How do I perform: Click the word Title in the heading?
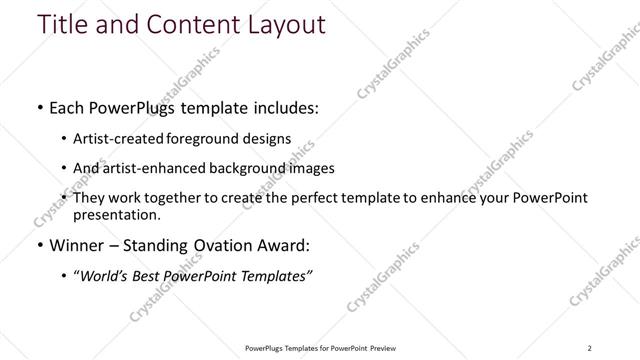click(x=63, y=24)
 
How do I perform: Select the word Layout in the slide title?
click(x=276, y=24)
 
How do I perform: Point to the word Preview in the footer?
click(x=386, y=348)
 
